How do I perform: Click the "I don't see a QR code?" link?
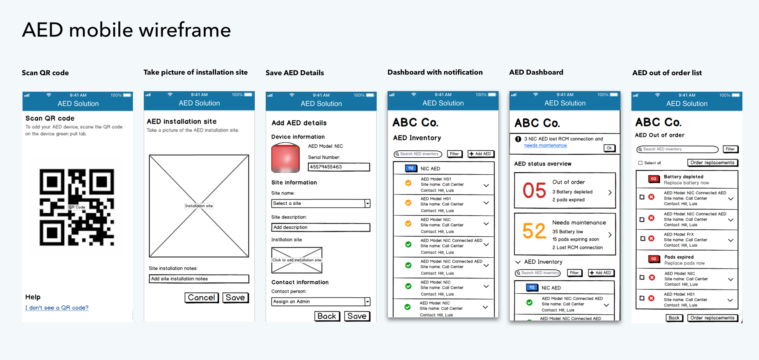(x=57, y=307)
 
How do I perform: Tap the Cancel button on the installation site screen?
(x=201, y=297)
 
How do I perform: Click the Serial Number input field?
(x=339, y=167)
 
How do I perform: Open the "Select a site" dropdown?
(x=321, y=203)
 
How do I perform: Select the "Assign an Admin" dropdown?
(x=321, y=301)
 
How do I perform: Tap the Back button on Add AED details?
(x=327, y=316)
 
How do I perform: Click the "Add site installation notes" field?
(x=199, y=279)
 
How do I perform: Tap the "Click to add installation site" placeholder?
(x=297, y=260)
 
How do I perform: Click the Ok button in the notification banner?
(x=609, y=148)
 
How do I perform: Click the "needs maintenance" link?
(x=546, y=145)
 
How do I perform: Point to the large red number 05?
(x=534, y=190)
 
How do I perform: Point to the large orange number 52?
(x=534, y=231)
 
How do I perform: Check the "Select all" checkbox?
(x=640, y=163)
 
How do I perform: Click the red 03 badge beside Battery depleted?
(x=654, y=179)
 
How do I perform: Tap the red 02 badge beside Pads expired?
(x=654, y=259)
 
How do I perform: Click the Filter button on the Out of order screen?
(x=730, y=149)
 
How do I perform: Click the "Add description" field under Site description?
(x=321, y=227)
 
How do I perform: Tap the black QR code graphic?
(x=77, y=207)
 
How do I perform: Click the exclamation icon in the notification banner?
(x=518, y=139)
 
